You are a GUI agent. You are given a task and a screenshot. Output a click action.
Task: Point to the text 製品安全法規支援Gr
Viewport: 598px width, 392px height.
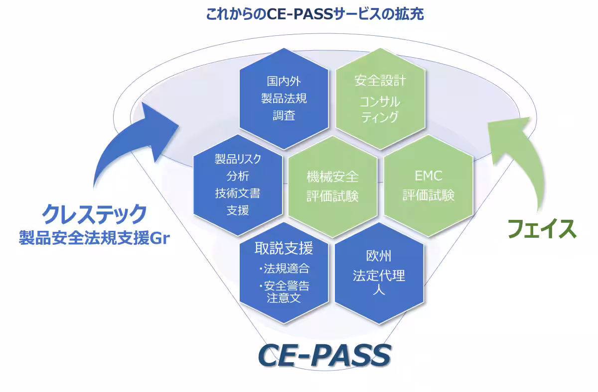94,238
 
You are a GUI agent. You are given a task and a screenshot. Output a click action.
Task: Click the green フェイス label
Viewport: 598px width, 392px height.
542,229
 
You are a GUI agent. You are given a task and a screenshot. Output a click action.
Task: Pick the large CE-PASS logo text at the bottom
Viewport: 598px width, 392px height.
324,356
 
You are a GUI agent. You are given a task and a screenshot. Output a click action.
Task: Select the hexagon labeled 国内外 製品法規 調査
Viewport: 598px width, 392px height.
284,98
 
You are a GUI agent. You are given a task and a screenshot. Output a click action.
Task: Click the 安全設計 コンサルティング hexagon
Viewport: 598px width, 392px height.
380,98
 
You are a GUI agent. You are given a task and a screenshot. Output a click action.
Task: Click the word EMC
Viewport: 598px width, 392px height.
429,176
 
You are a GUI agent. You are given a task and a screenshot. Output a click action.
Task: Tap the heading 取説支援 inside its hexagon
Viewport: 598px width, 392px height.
284,248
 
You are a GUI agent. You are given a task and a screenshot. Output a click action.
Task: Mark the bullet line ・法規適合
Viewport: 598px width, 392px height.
284,269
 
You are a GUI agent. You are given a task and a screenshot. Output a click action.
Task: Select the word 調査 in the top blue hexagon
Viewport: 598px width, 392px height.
284,115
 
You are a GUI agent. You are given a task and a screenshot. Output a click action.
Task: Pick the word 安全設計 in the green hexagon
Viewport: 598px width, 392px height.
380,81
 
